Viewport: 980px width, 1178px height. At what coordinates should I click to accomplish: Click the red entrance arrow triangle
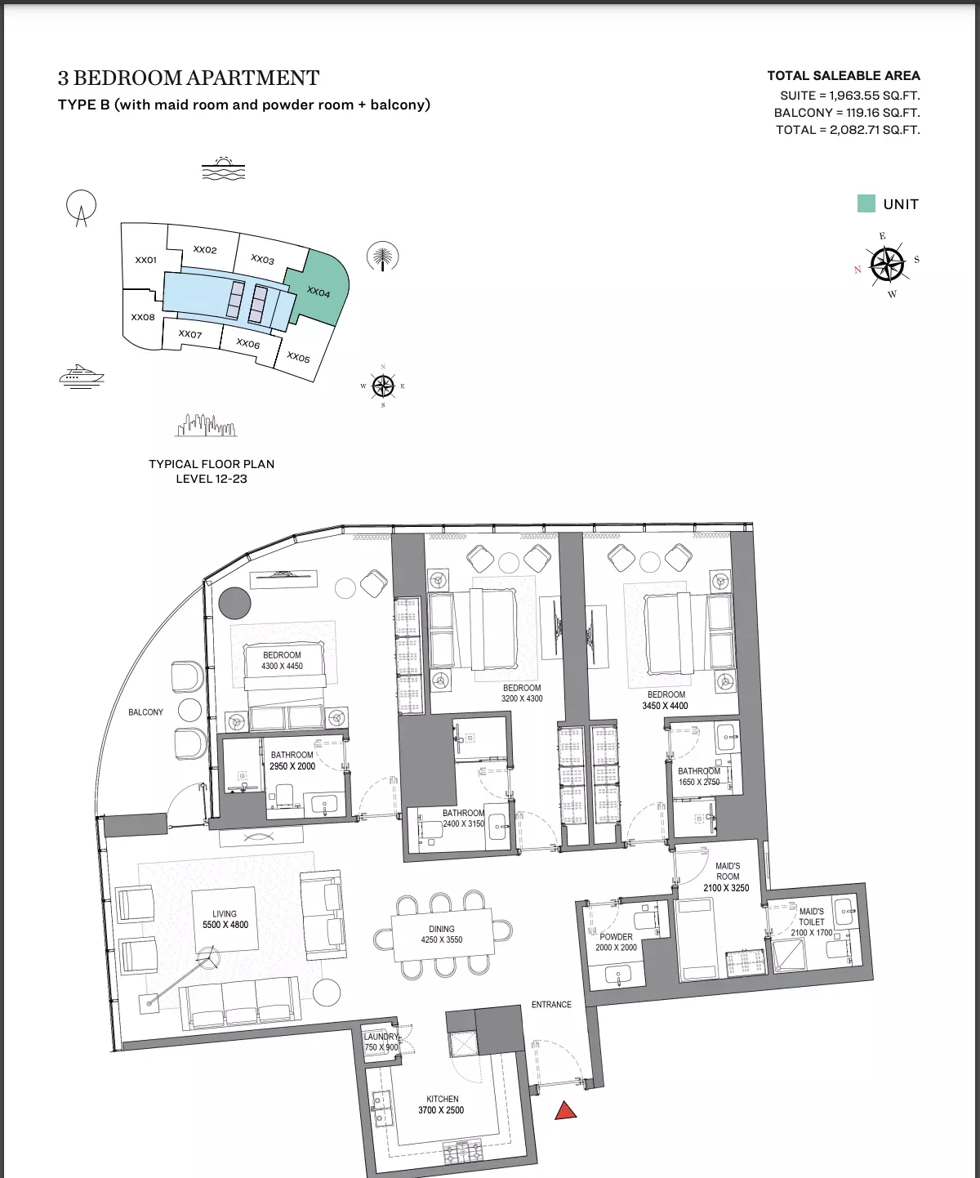coord(565,1110)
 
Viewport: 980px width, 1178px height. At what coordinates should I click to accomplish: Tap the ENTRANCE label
coord(551,1004)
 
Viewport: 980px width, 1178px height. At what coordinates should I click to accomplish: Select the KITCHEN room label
coord(442,1099)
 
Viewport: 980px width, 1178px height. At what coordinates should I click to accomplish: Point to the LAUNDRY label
coord(381,1037)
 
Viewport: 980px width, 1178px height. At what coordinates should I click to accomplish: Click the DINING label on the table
coord(441,929)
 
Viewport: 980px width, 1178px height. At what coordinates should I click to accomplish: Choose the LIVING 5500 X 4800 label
coord(225,919)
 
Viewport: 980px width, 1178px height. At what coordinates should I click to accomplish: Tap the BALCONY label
coord(145,712)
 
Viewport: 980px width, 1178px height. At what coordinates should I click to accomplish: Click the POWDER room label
coord(616,936)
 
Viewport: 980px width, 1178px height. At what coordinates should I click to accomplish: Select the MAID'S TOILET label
coord(811,917)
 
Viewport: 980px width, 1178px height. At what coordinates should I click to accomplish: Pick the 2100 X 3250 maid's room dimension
coord(726,887)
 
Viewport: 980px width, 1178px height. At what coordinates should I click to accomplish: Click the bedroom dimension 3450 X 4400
coord(666,705)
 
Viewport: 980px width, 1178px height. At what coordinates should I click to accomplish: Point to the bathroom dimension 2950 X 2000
coord(292,766)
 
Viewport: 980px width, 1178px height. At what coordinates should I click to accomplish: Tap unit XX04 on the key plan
coord(318,292)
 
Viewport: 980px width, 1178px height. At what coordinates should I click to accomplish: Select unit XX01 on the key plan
coord(145,260)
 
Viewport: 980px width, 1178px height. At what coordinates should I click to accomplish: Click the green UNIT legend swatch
coord(866,203)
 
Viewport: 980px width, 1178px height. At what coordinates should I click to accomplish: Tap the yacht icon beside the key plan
coord(82,377)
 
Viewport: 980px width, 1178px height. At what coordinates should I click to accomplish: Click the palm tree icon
coord(382,257)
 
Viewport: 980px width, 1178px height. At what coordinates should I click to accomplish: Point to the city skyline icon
coord(206,426)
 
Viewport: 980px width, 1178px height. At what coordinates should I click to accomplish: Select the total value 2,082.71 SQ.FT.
coord(875,130)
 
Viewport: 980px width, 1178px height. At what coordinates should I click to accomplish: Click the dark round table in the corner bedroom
coord(234,603)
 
